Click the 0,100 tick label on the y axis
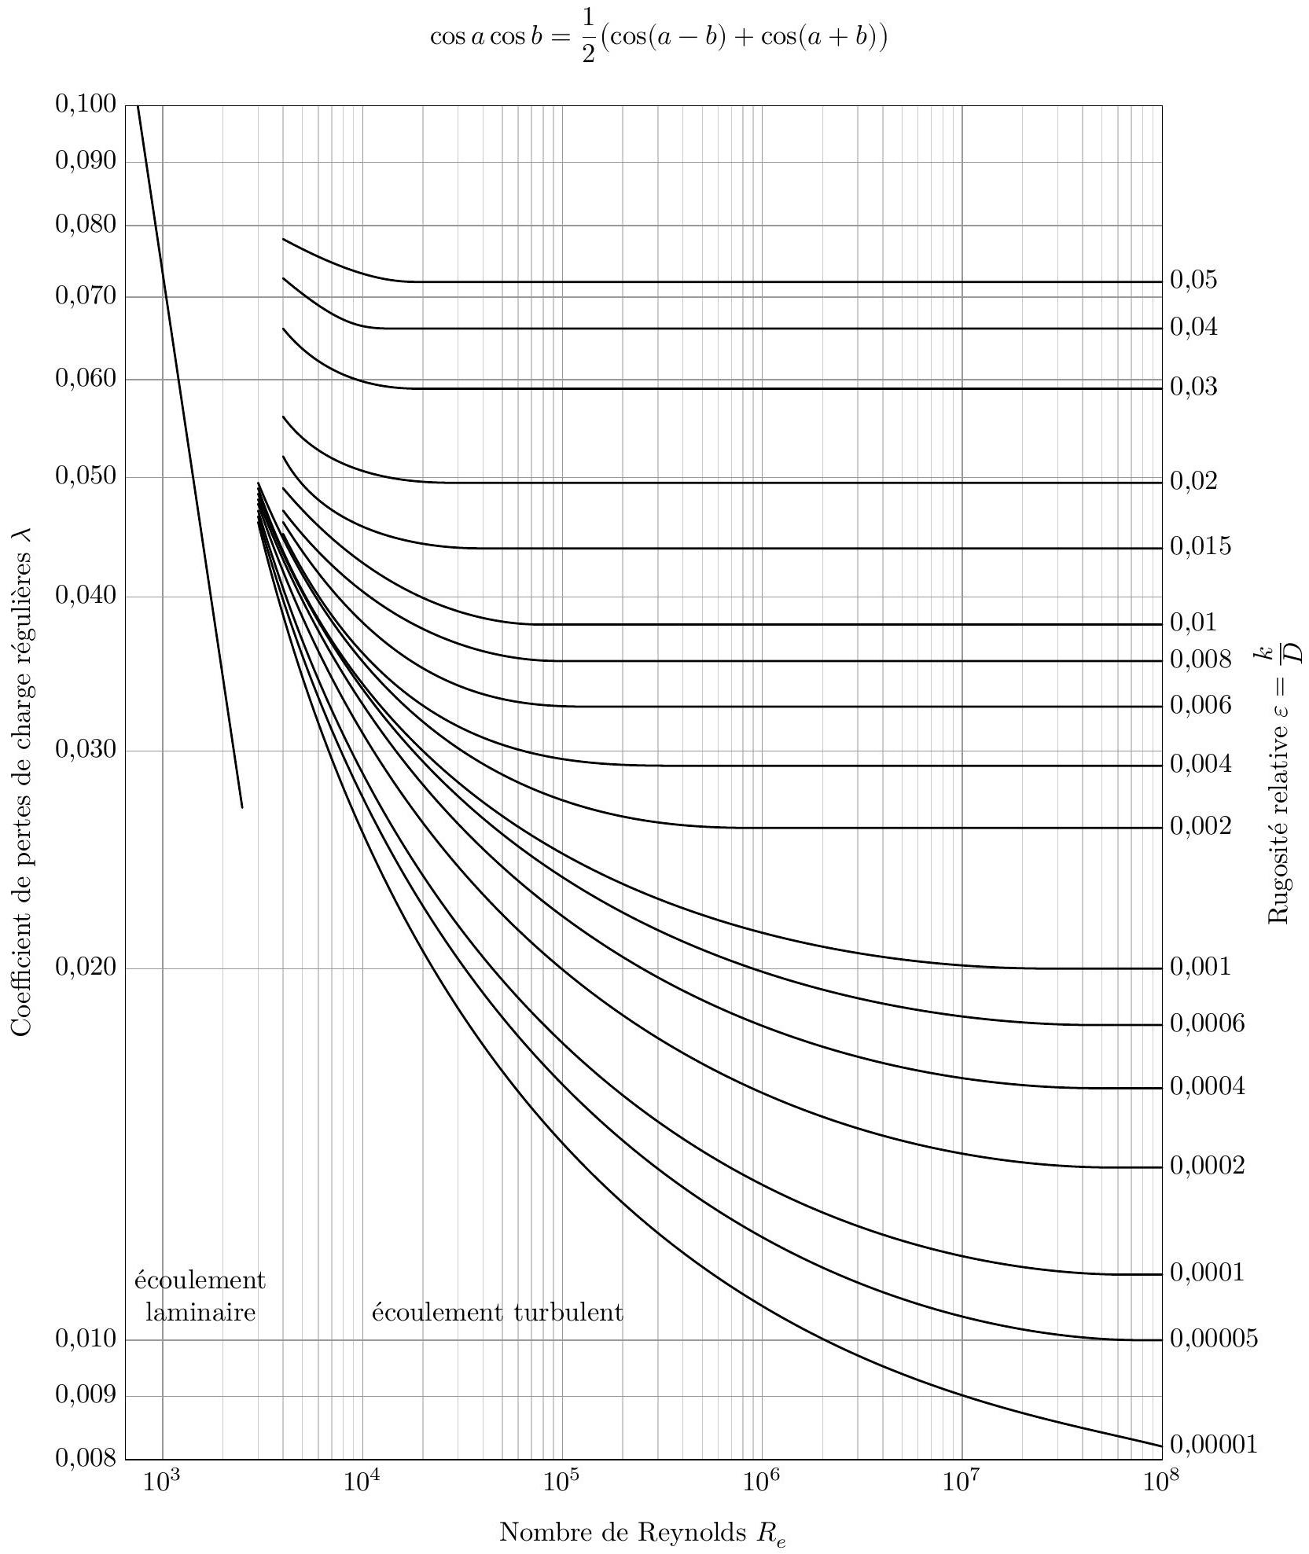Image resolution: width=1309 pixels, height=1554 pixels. tap(86, 104)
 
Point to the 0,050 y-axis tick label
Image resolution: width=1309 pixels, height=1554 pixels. tap(86, 476)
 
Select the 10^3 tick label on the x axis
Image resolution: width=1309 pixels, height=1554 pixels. tap(162, 1482)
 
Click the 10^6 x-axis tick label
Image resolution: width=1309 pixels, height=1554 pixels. tap(761, 1482)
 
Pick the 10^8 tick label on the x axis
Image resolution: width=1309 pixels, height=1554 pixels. tap(1161, 1482)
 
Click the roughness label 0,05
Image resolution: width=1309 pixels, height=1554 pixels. tap(1193, 280)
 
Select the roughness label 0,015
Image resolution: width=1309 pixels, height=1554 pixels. tap(1201, 546)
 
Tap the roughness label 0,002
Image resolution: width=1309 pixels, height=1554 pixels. tap(1201, 826)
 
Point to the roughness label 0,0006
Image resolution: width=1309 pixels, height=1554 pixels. tap(1208, 1023)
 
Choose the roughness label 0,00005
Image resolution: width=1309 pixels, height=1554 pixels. tap(1214, 1338)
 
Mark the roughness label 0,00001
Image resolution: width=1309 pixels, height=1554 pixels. tap(1214, 1444)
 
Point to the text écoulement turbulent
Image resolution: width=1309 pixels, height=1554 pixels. tap(497, 1312)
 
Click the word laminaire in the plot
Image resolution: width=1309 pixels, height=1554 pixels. tap(200, 1312)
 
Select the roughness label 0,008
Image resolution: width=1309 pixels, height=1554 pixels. tap(1201, 659)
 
